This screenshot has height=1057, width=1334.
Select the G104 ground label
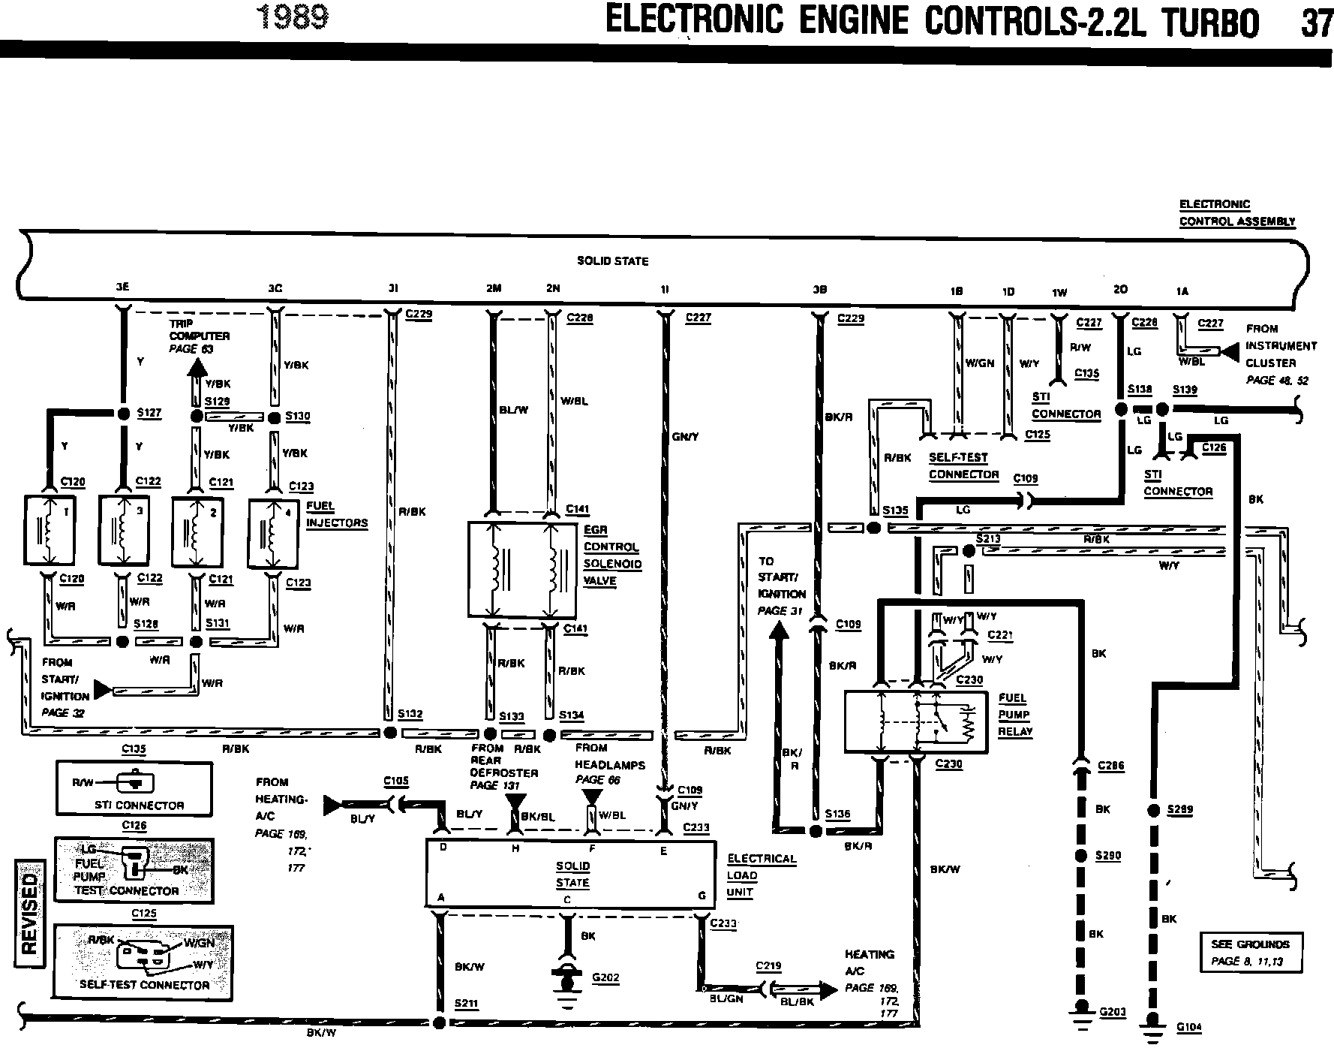tap(1189, 1028)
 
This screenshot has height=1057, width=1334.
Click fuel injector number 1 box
tap(49, 529)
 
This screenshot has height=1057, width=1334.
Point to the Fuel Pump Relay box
tap(915, 721)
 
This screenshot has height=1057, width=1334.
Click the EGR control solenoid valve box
tap(522, 570)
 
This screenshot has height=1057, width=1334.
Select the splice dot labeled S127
tap(124, 413)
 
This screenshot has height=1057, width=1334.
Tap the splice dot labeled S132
tap(389, 733)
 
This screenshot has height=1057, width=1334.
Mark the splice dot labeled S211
tap(440, 1022)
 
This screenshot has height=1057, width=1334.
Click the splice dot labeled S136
tap(816, 831)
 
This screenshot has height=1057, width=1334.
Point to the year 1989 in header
tap(292, 17)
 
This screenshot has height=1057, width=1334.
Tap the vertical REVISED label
tap(29, 913)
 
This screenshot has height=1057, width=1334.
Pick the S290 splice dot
tap(1081, 856)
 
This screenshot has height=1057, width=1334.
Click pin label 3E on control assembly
tap(123, 288)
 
